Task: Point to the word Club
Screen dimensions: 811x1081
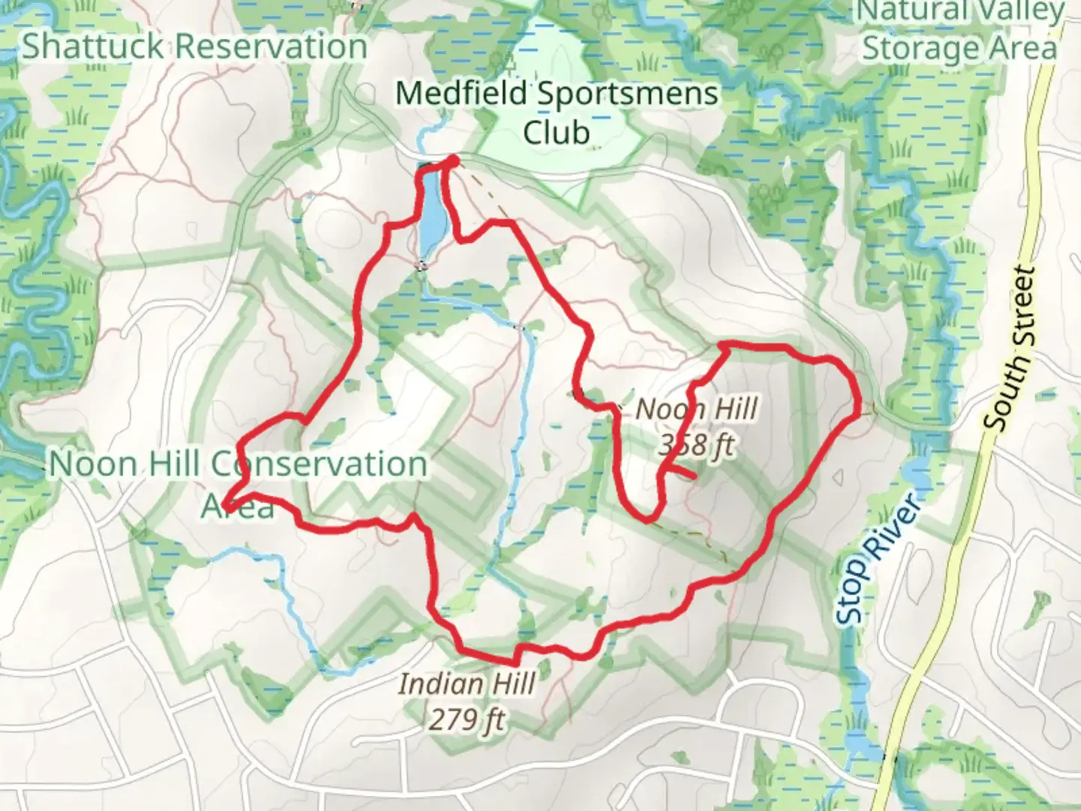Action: pyautogui.click(x=556, y=132)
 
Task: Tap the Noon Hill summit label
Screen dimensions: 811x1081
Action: pyautogui.click(x=697, y=410)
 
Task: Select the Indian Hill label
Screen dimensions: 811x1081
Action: pyautogui.click(x=466, y=684)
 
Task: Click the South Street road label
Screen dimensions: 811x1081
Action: pyautogui.click(x=1012, y=349)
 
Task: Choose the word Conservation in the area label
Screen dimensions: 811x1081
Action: pyautogui.click(x=318, y=464)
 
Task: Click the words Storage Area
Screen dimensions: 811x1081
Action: pyautogui.click(x=959, y=47)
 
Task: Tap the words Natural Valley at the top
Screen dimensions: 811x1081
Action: pyautogui.click(x=960, y=11)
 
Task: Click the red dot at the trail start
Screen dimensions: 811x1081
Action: pyautogui.click(x=453, y=160)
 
